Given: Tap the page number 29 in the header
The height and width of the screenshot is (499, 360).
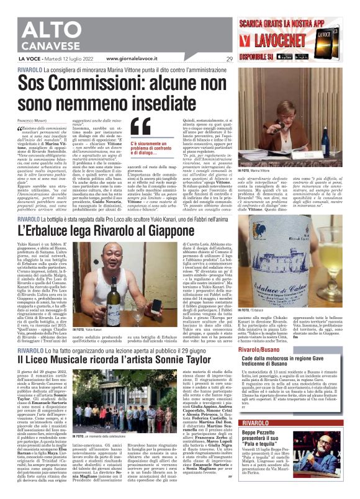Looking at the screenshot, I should click(229, 60).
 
